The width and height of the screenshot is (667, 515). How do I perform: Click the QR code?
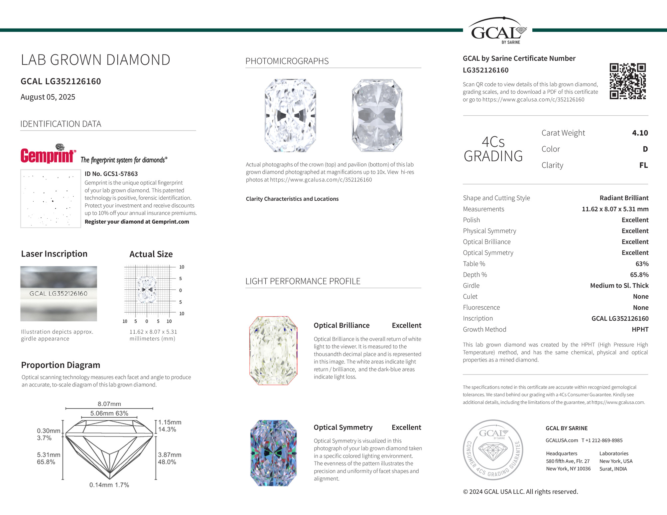coord(627,81)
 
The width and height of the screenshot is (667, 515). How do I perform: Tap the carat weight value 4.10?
coord(640,133)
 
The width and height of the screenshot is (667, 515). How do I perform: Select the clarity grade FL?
coord(643,165)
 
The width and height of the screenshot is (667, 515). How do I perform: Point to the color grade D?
coord(645,149)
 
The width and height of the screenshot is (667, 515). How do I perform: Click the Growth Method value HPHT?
coord(640,329)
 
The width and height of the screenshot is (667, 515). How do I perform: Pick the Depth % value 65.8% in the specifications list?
coord(639,275)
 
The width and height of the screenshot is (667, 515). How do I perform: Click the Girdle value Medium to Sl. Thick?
coord(619,286)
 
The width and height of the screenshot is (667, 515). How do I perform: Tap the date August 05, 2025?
coord(48,97)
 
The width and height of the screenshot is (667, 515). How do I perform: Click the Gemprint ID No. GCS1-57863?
coord(111,174)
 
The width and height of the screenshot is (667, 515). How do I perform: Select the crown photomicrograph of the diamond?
coord(290,115)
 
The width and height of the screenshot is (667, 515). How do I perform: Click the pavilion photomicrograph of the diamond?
coord(377,115)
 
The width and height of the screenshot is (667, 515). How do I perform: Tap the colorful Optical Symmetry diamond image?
coord(273,453)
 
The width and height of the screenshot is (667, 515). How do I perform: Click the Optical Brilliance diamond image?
coord(273,351)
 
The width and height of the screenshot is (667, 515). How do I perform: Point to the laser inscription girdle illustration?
coord(59,294)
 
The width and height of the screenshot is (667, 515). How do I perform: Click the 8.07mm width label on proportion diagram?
coord(109,404)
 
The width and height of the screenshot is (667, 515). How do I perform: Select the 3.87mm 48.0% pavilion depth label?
coord(170,458)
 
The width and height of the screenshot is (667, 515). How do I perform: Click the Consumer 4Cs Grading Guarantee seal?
coord(493,450)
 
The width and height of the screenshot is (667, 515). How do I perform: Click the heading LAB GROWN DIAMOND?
coord(95,60)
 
